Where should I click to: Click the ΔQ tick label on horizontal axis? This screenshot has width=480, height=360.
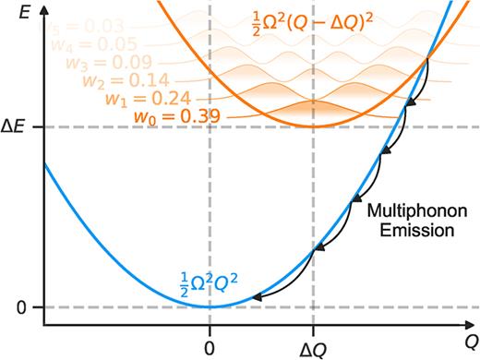coord(313,339)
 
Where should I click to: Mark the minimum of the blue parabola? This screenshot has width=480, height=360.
coord(210,306)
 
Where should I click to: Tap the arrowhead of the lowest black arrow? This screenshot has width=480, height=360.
coord(254,297)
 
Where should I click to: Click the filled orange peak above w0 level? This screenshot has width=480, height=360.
coord(313,111)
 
